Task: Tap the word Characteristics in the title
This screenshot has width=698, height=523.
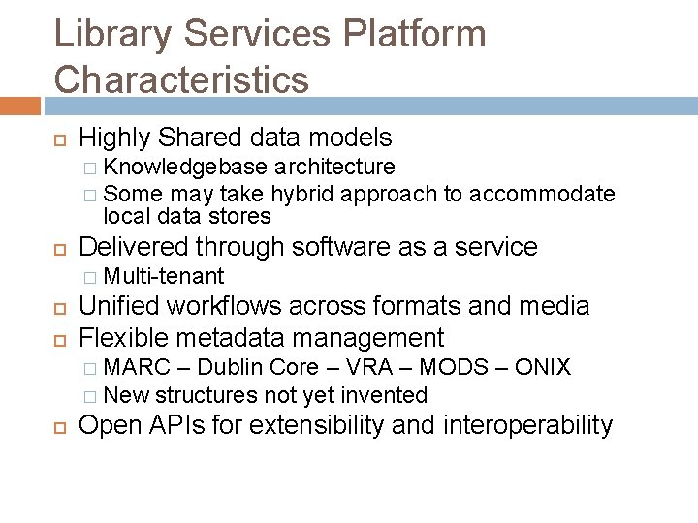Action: coord(182,78)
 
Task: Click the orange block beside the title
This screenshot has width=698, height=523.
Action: coord(19,104)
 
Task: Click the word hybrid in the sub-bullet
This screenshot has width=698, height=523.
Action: coord(301,194)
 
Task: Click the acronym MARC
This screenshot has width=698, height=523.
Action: coord(133,368)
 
